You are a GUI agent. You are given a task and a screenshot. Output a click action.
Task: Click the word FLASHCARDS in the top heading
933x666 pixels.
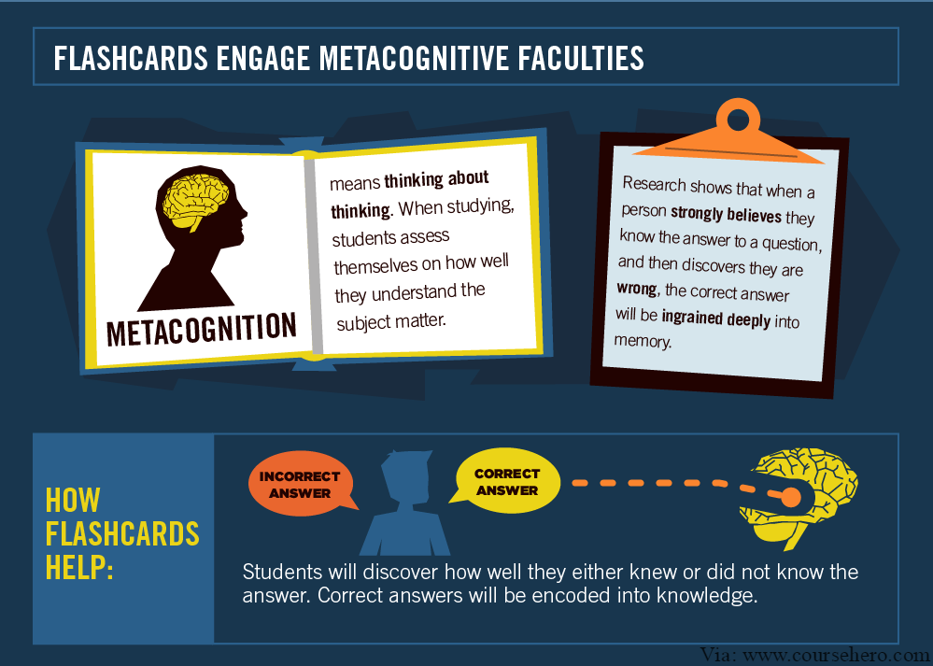point(131,58)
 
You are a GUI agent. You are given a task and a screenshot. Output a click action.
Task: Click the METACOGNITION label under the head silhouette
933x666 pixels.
point(201,329)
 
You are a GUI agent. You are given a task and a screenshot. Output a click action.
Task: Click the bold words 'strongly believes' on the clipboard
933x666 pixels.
point(726,214)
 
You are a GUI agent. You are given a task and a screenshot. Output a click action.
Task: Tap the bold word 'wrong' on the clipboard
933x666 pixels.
point(637,289)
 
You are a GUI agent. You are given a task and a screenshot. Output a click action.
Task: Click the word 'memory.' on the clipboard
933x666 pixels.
point(643,341)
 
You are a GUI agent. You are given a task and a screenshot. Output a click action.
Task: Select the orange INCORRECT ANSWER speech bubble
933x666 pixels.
point(300,484)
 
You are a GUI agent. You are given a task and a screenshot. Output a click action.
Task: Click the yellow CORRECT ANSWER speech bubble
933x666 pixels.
point(506,481)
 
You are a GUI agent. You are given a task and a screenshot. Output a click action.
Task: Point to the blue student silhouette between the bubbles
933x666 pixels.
point(405,503)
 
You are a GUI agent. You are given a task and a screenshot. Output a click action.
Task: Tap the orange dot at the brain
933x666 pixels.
point(791,498)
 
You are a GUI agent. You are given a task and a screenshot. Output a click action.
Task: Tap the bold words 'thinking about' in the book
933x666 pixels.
point(436,179)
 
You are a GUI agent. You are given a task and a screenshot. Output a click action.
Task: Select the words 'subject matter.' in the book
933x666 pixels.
point(391,322)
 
